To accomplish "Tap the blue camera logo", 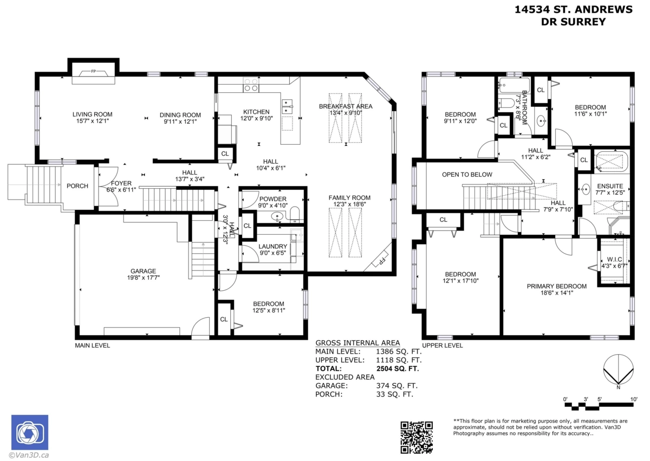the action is [x=30, y=432].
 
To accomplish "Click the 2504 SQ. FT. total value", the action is [x=398, y=369].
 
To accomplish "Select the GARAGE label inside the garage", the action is [x=143, y=271].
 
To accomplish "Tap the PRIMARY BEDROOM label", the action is [x=557, y=286].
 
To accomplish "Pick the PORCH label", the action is [x=77, y=186].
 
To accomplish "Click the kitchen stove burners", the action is [x=251, y=85].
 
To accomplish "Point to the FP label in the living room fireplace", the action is [x=93, y=71].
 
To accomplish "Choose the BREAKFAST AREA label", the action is [x=346, y=106].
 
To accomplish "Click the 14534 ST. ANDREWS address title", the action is [x=574, y=10].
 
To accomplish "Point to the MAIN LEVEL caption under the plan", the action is [x=92, y=345].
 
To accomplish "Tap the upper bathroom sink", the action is [x=541, y=120].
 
